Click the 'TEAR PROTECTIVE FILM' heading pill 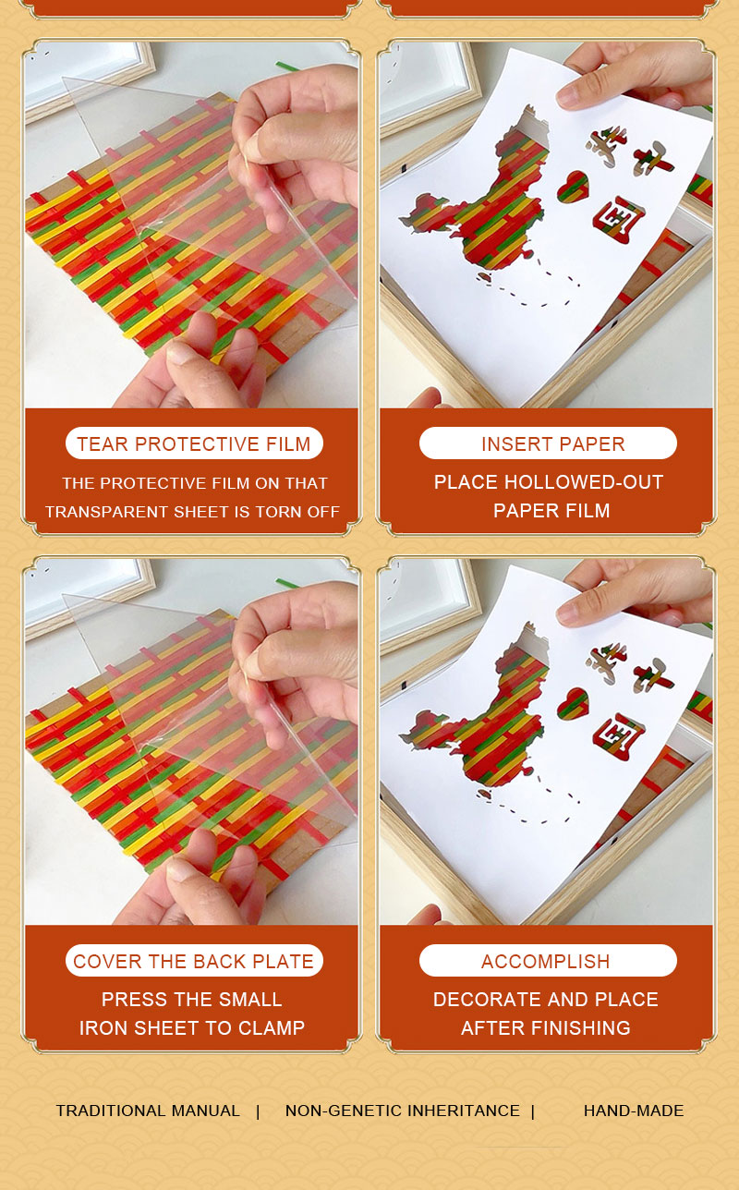tap(194, 443)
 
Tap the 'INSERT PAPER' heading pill tap(548, 443)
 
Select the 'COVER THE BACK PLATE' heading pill tap(194, 961)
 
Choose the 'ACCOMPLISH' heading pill tap(548, 961)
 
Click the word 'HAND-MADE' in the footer tap(634, 1111)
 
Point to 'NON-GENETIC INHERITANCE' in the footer tap(403, 1111)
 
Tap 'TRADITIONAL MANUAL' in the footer tap(148, 1111)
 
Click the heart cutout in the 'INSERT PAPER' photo tap(573, 186)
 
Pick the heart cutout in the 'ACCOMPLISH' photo tap(573, 703)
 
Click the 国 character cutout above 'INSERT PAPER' tap(618, 219)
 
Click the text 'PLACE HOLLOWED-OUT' tap(549, 482)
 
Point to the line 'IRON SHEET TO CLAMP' tap(192, 1028)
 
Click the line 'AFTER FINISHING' tap(546, 1028)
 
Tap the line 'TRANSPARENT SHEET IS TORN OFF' tap(192, 512)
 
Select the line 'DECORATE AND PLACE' tap(546, 1000)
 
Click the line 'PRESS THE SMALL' tap(192, 1000)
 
